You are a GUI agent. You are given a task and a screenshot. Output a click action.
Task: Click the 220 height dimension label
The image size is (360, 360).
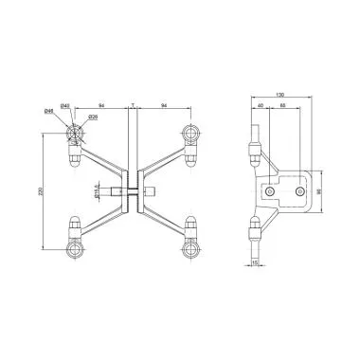point(39,193)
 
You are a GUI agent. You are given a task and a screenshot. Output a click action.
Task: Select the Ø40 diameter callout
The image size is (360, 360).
point(63,103)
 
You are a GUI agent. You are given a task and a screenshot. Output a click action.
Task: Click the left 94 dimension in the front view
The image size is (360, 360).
point(101,103)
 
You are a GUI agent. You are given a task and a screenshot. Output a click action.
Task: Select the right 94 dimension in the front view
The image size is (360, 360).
point(165,103)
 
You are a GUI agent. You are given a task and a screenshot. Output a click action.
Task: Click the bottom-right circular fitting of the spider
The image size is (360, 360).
point(193,253)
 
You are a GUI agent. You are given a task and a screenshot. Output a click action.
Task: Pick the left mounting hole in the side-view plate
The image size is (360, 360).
point(272,192)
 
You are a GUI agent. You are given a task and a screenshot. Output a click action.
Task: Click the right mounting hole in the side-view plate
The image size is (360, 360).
point(300,192)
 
